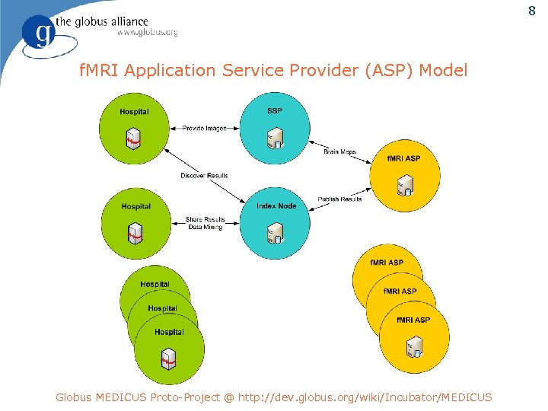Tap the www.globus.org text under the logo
pos(147,32)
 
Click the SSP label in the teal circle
pos(275,111)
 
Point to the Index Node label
pos(276,206)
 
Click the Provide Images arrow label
pos(204,128)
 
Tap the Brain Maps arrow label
pos(339,152)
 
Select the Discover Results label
pos(204,176)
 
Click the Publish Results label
pos(340,199)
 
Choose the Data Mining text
pos(205,228)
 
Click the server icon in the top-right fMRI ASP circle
pos(405,185)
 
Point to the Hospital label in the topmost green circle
pos(134,112)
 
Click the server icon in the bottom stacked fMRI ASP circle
pos(414,347)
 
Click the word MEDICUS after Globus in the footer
pos(122,397)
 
